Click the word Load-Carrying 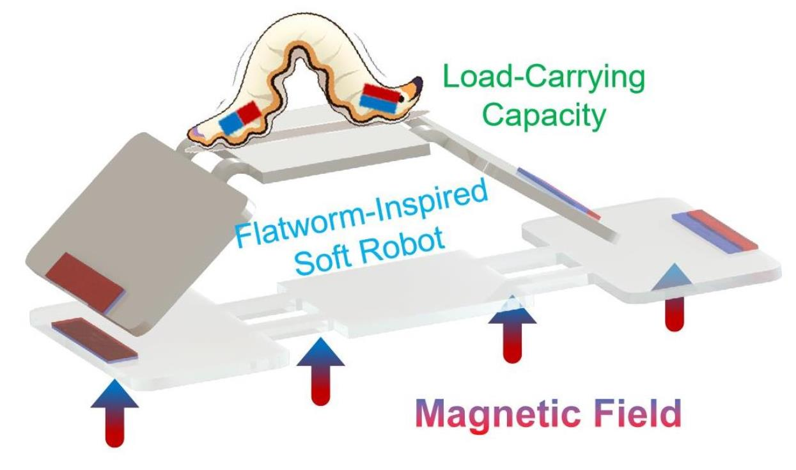point(544,77)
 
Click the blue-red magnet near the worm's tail point(240,117)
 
